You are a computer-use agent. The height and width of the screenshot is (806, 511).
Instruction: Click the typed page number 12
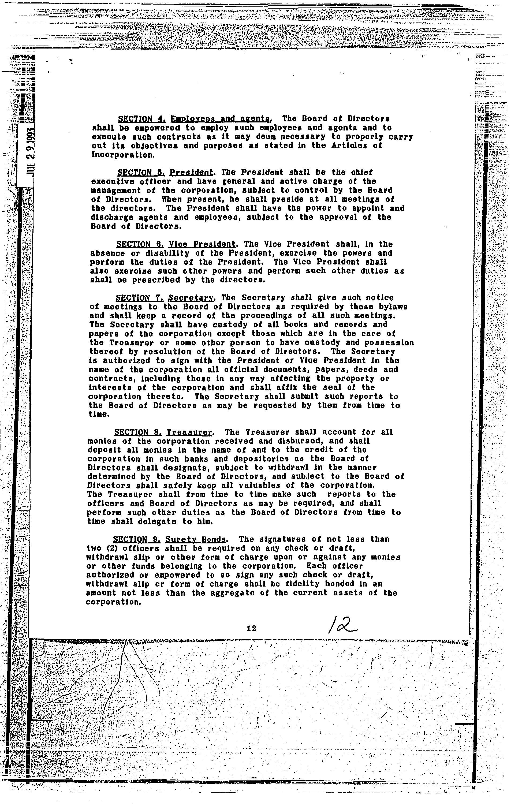tap(251, 629)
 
